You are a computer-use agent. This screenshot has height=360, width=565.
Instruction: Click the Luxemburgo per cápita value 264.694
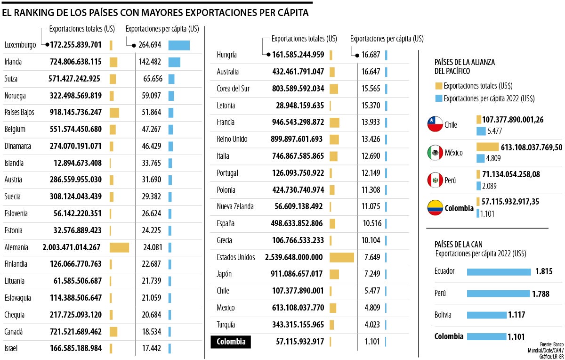[x=151, y=45]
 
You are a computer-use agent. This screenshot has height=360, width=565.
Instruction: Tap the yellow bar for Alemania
[x=119, y=247]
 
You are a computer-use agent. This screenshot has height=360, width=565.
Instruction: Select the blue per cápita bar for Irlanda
[x=174, y=62]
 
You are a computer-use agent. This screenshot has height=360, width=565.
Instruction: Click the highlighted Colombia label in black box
[x=231, y=342]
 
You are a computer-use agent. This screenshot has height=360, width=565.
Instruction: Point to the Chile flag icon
[x=435, y=124]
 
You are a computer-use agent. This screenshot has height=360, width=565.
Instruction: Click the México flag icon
[x=435, y=153]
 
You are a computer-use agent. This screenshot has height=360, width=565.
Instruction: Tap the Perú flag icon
[x=435, y=180]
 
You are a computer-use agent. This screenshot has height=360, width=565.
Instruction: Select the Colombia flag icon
[x=435, y=208]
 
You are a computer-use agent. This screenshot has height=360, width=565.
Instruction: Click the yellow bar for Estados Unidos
[x=342, y=257]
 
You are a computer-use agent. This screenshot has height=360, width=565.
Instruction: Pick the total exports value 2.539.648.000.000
[x=294, y=257]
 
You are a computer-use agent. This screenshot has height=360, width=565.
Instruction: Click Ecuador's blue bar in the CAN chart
[x=499, y=272]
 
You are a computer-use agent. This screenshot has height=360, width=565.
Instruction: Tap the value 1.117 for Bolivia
[x=516, y=315]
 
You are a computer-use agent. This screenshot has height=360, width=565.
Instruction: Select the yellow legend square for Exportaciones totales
[x=438, y=86]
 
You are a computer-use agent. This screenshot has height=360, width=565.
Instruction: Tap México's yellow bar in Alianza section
[x=487, y=147]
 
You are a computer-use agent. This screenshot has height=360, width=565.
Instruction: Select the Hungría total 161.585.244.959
[x=299, y=55]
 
